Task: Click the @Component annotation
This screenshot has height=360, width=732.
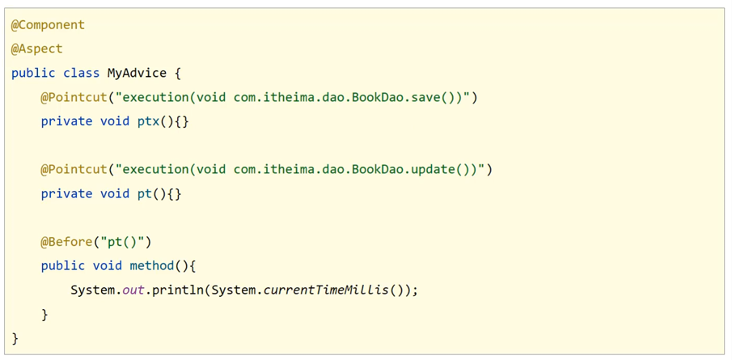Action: [48, 25]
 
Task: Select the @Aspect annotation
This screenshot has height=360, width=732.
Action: [36, 49]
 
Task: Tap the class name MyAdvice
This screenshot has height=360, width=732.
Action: [137, 73]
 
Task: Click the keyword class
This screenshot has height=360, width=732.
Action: [81, 73]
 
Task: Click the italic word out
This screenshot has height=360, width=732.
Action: [133, 290]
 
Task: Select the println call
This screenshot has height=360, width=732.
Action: [177, 290]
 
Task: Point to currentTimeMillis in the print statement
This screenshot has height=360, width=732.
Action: [327, 290]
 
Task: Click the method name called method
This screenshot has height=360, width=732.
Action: [151, 265]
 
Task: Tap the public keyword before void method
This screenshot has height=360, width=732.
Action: [63, 265]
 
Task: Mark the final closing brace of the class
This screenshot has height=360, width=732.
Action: [15, 337]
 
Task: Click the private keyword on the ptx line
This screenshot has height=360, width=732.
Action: [66, 121]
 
